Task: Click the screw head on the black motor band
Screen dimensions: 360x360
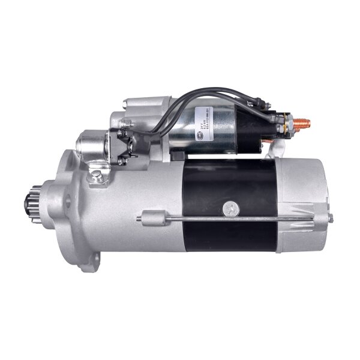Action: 229,208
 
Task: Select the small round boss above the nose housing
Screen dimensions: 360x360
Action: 89,144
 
